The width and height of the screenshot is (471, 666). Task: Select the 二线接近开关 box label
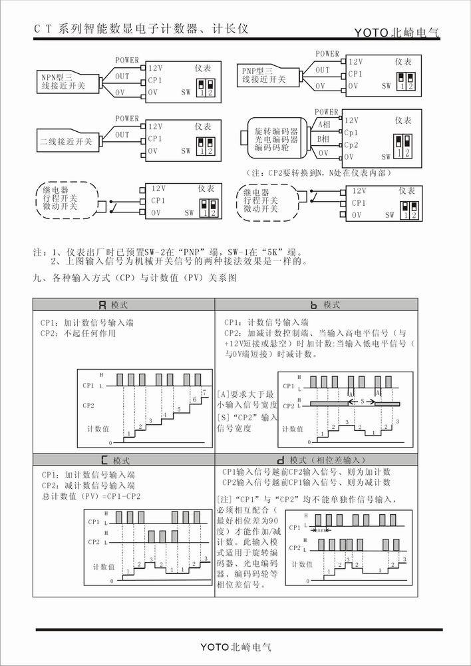[65, 141]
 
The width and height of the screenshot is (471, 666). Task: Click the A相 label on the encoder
[324, 124]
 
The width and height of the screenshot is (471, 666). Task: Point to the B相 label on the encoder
[324, 139]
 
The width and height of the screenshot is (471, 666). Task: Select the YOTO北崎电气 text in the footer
[236, 647]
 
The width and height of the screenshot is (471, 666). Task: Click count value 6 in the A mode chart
[194, 399]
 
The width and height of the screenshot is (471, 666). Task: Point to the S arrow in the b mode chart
[362, 402]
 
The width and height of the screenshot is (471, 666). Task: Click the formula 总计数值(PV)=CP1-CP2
[91, 496]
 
